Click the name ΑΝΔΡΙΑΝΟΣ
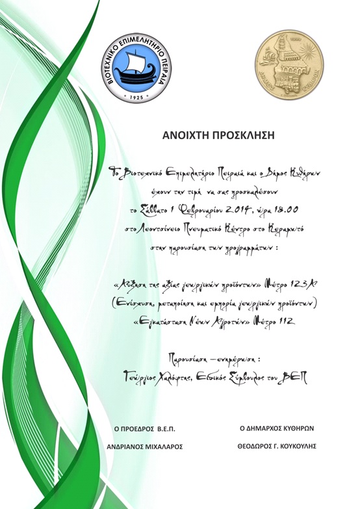(122, 447)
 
